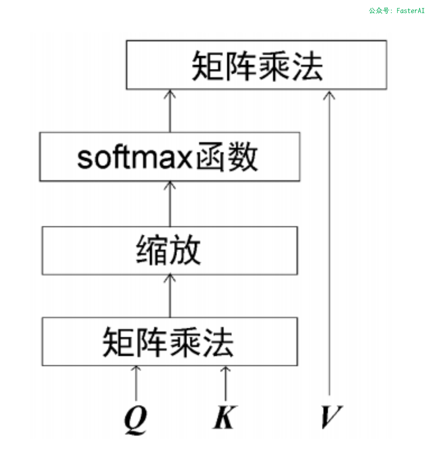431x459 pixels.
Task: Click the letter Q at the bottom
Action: point(135,419)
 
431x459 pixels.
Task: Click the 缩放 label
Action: point(168,250)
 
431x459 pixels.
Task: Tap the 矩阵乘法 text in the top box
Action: point(257,66)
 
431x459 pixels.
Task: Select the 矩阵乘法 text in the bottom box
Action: point(168,342)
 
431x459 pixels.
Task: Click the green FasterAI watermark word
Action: point(410,11)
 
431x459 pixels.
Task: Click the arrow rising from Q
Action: point(136,383)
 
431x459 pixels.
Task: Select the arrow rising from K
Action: point(225,383)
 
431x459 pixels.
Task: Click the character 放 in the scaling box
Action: point(185,250)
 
